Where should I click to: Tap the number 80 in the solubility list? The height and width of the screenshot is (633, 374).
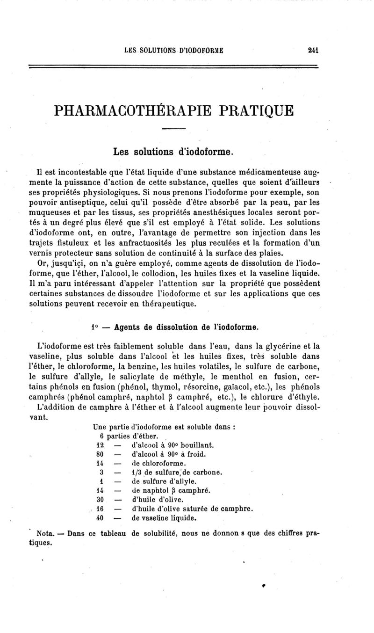[x=99, y=454]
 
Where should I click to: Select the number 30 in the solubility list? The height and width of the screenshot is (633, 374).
[x=99, y=500]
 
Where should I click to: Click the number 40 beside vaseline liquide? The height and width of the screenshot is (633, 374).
[x=99, y=518]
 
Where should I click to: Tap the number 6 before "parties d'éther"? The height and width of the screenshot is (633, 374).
[x=95, y=436]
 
